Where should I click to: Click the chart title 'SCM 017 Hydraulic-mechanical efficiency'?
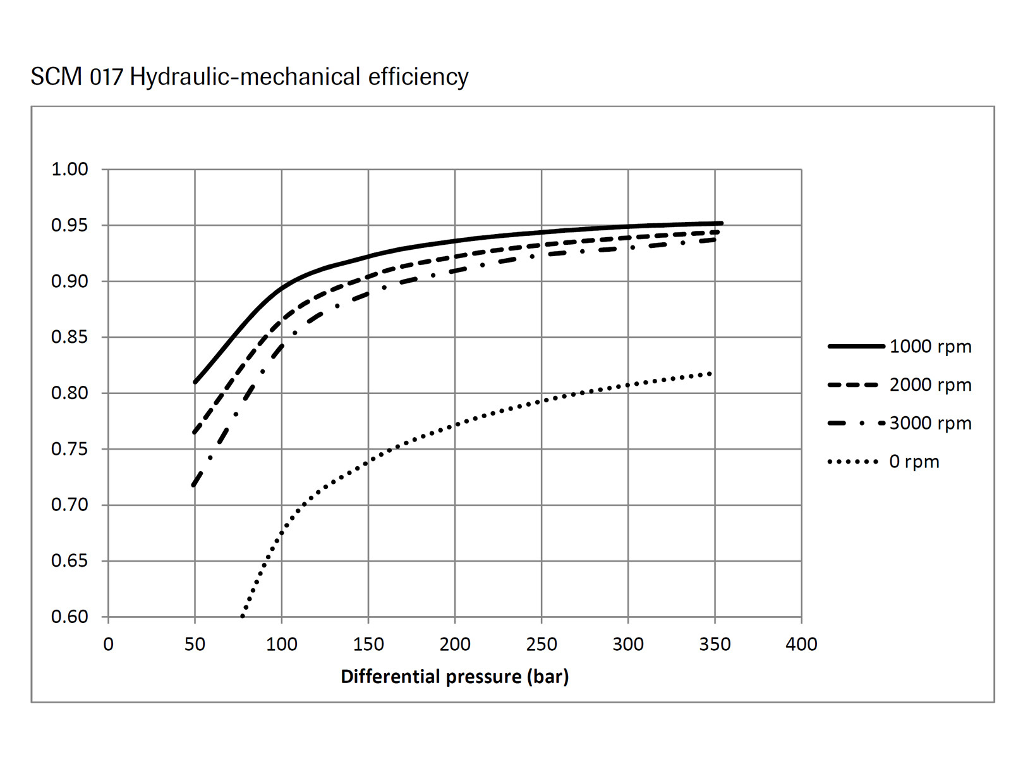250,77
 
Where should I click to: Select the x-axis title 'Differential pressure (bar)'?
454,677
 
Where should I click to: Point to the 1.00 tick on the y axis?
70,170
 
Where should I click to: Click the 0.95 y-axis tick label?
70,225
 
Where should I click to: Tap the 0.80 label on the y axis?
70,393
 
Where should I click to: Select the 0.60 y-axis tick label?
70,617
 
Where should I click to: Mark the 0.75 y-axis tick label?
70,449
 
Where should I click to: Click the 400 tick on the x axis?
801,645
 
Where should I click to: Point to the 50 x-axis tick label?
195,645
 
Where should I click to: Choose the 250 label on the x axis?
542,645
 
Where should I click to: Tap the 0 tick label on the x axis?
108,645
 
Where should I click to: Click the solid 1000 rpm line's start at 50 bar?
195,382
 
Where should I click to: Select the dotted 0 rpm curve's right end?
711,374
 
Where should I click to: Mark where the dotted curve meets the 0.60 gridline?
242,616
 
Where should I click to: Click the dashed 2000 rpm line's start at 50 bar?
195,432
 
